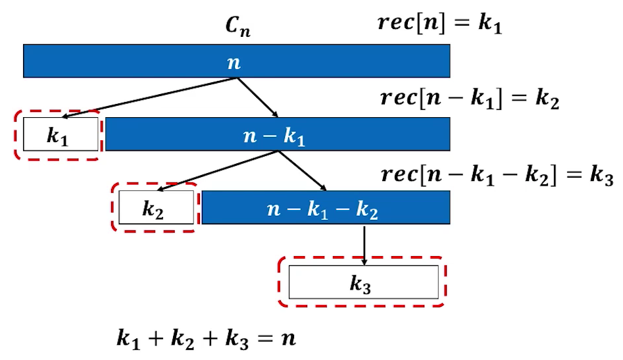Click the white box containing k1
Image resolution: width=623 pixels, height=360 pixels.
(58, 135)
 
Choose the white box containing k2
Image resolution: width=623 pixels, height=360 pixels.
(157, 207)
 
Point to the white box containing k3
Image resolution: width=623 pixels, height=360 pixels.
(363, 282)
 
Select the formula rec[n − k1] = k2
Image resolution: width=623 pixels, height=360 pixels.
(470, 99)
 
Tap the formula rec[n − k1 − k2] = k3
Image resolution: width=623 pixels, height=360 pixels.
(497, 174)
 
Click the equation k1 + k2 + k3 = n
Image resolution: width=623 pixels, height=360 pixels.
(206, 339)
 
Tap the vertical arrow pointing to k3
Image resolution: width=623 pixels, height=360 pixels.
(364, 244)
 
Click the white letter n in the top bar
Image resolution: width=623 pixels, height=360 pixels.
(233, 62)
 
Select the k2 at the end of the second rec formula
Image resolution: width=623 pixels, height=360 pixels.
(547, 100)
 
